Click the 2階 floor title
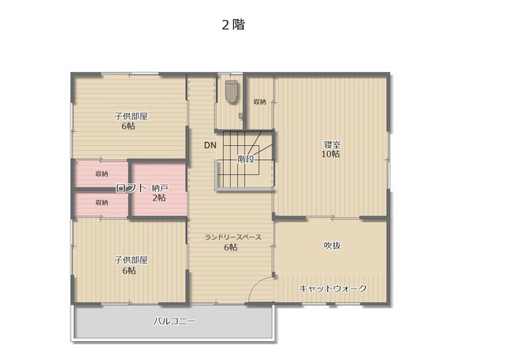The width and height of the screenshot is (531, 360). pyautogui.click(x=233, y=25)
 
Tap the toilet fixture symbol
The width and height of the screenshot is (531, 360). pyautogui.click(x=231, y=91)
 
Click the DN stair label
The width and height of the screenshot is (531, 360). pyautogui.click(x=210, y=145)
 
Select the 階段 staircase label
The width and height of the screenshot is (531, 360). pyautogui.click(x=246, y=158)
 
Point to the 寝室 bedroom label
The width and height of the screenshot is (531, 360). pyautogui.click(x=332, y=144)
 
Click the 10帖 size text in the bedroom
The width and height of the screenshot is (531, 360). pyautogui.click(x=331, y=154)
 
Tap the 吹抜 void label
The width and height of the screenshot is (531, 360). pyautogui.click(x=332, y=246)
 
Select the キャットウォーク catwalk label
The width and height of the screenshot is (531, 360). pyautogui.click(x=333, y=289)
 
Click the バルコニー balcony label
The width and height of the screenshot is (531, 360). pyautogui.click(x=174, y=321)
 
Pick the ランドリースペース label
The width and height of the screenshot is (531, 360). pyautogui.click(x=233, y=237)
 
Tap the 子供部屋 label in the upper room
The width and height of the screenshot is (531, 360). pyautogui.click(x=131, y=116)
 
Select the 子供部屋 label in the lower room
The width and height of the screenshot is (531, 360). pyautogui.click(x=131, y=260)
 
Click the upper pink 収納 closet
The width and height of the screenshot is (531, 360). pyautogui.click(x=101, y=173)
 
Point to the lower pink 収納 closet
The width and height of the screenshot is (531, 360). pyautogui.click(x=101, y=203)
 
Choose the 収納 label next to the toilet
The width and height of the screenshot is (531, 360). pyautogui.click(x=260, y=101)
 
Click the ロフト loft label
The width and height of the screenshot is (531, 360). pyautogui.click(x=131, y=188)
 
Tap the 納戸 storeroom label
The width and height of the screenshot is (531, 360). pyautogui.click(x=160, y=188)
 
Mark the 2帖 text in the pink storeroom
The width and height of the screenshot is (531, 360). pyautogui.click(x=159, y=197)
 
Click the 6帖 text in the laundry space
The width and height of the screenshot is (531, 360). pyautogui.click(x=231, y=247)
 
